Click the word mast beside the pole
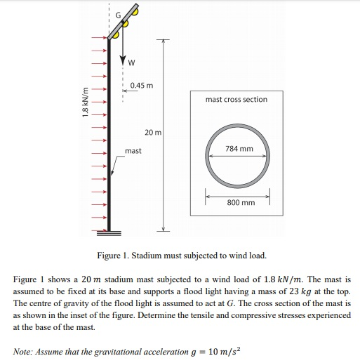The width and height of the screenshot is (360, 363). [x=133, y=151]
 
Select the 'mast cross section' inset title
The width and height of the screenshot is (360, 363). [x=236, y=100]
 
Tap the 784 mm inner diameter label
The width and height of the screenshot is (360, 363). [x=239, y=149]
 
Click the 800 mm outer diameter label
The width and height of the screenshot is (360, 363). [x=241, y=202]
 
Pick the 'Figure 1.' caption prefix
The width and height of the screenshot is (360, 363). [x=113, y=254]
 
